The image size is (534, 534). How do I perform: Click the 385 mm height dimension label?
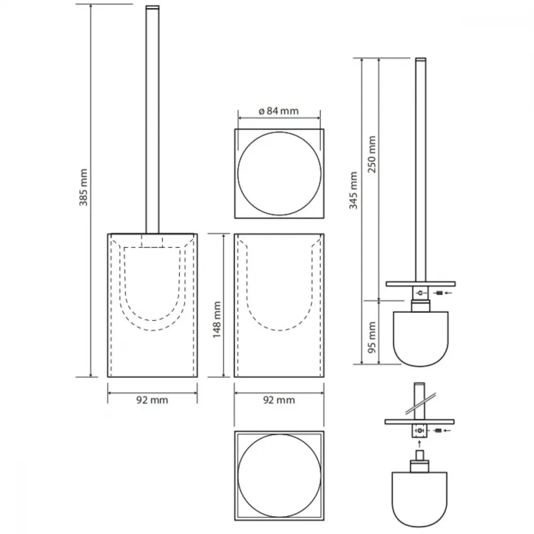[x=83, y=187]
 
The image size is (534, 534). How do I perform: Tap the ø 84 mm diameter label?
[x=279, y=111]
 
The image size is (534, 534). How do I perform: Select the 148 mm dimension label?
[x=217, y=320]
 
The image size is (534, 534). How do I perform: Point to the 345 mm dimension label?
[x=354, y=191]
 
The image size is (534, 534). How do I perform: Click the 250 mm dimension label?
[x=372, y=154]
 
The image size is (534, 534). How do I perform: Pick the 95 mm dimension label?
[x=372, y=337]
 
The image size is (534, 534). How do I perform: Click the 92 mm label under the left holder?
[x=152, y=400]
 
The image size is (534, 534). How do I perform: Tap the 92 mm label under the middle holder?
[x=279, y=400]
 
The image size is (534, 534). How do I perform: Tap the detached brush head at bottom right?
[x=419, y=499]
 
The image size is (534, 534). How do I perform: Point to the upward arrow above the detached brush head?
[x=419, y=444]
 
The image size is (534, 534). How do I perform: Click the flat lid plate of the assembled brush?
[x=421, y=284]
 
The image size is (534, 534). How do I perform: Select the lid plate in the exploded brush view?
[x=420, y=422]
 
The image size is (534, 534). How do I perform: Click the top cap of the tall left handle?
[x=152, y=7]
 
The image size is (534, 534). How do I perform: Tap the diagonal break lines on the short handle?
[x=421, y=404]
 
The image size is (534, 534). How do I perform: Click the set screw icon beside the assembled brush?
[x=439, y=293]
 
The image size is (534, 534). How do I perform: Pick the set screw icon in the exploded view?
[x=438, y=431]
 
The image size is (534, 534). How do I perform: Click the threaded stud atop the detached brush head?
[x=419, y=456]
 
